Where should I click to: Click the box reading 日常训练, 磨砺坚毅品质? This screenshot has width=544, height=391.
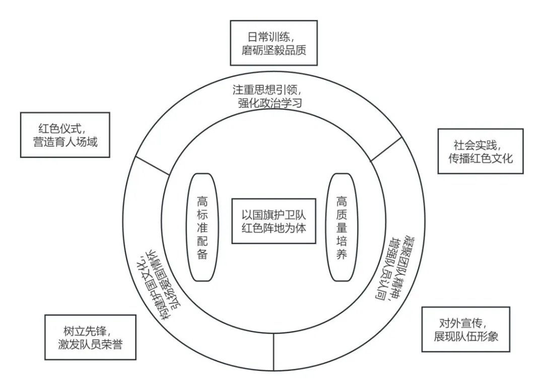click(x=274, y=43)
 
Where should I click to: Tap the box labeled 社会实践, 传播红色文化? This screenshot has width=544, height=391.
click(x=480, y=151)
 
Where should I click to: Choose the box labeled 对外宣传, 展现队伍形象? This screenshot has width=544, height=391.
click(x=465, y=329)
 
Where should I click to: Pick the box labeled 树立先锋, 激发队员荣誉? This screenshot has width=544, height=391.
click(x=90, y=337)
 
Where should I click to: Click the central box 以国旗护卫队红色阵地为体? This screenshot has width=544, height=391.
click(x=274, y=221)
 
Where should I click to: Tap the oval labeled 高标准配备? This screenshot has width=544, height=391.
click(x=202, y=227)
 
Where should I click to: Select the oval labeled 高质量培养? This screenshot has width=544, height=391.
click(x=342, y=227)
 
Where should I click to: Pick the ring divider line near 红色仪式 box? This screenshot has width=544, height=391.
click(x=153, y=166)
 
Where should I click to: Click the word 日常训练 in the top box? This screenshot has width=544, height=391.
click(x=262, y=36)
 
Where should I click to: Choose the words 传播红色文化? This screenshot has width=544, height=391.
click(x=480, y=158)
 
